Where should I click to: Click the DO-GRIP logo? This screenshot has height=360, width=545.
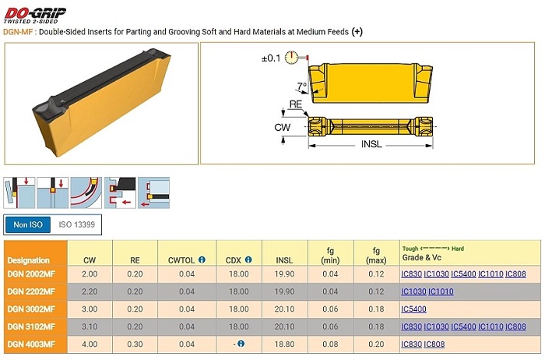(x=34, y=16)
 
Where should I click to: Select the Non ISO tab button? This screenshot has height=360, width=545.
(x=28, y=224)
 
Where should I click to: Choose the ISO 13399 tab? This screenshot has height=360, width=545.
(x=76, y=224)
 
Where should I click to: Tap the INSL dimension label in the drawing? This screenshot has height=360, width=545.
(x=371, y=144)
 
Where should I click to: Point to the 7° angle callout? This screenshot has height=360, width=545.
(x=302, y=86)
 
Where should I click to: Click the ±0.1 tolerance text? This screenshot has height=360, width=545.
(x=271, y=58)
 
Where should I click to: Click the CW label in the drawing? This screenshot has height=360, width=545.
(x=282, y=127)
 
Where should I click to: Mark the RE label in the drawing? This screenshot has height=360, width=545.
(x=295, y=104)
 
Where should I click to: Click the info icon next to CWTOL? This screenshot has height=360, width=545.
(x=202, y=259)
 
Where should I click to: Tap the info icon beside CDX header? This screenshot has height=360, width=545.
(x=248, y=259)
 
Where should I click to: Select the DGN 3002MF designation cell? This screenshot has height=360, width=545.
(x=31, y=309)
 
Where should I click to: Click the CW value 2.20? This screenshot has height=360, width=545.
(x=90, y=291)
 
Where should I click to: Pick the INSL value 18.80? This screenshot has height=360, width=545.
(x=284, y=344)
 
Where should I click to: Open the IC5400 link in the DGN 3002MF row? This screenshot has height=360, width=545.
(x=413, y=309)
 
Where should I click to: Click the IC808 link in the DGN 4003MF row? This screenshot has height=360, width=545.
(x=434, y=344)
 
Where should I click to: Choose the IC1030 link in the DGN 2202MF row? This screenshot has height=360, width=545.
(x=413, y=291)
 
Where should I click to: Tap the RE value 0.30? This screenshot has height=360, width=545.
(x=135, y=344)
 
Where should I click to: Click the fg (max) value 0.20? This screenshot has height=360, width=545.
(x=376, y=344)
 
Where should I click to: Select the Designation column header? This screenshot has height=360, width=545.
(x=29, y=260)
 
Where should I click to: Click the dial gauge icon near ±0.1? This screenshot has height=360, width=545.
(x=292, y=58)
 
